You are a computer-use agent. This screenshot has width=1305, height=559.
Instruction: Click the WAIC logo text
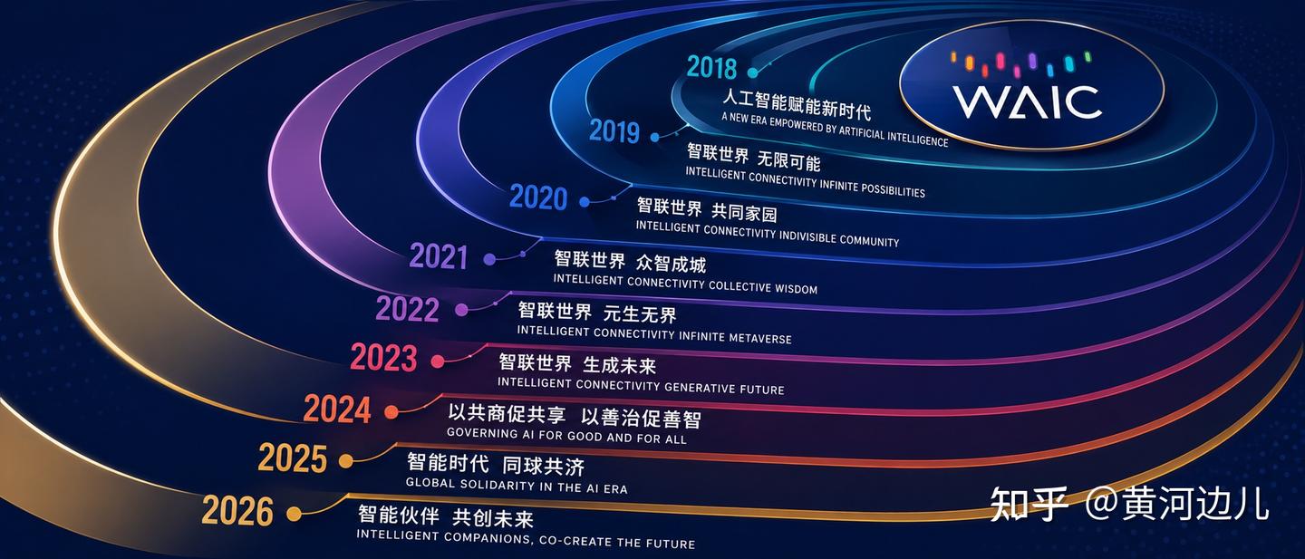tap(1027, 102)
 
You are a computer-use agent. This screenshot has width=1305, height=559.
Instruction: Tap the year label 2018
tap(711, 68)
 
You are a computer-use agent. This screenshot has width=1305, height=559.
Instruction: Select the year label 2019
tap(614, 131)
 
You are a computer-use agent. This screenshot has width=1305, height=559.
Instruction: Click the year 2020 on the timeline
tap(537, 198)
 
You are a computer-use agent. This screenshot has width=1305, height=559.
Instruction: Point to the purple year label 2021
tap(438, 256)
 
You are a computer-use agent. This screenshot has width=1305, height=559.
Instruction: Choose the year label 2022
tap(407, 309)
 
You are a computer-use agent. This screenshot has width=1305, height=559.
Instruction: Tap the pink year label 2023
tap(384, 358)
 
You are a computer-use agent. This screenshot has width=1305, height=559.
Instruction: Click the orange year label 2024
tap(337, 410)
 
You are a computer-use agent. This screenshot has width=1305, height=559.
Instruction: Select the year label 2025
tap(293, 458)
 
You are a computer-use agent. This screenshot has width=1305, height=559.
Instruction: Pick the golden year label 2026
tap(237, 511)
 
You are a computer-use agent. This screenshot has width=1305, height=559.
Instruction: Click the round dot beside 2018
tap(753, 72)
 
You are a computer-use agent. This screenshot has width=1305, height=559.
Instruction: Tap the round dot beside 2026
tap(295, 514)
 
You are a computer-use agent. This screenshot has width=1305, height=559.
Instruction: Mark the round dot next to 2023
tap(438, 361)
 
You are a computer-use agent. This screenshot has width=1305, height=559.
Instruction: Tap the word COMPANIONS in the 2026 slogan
tap(488, 537)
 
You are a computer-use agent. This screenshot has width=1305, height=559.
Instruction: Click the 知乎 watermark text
tap(1029, 505)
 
